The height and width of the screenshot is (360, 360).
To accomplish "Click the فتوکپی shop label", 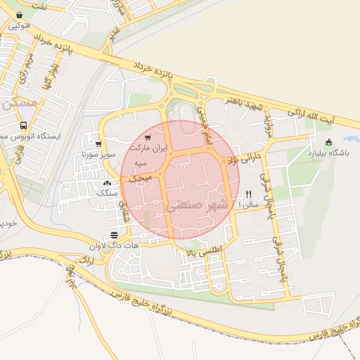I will pos(20,26).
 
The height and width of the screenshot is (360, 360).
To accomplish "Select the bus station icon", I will pos(24,126).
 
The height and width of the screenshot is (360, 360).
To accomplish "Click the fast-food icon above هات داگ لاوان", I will pos(115,235).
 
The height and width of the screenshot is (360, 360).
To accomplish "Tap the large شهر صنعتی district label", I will pos(198,206).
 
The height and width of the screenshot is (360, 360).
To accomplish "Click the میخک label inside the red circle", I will pos(139,180).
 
